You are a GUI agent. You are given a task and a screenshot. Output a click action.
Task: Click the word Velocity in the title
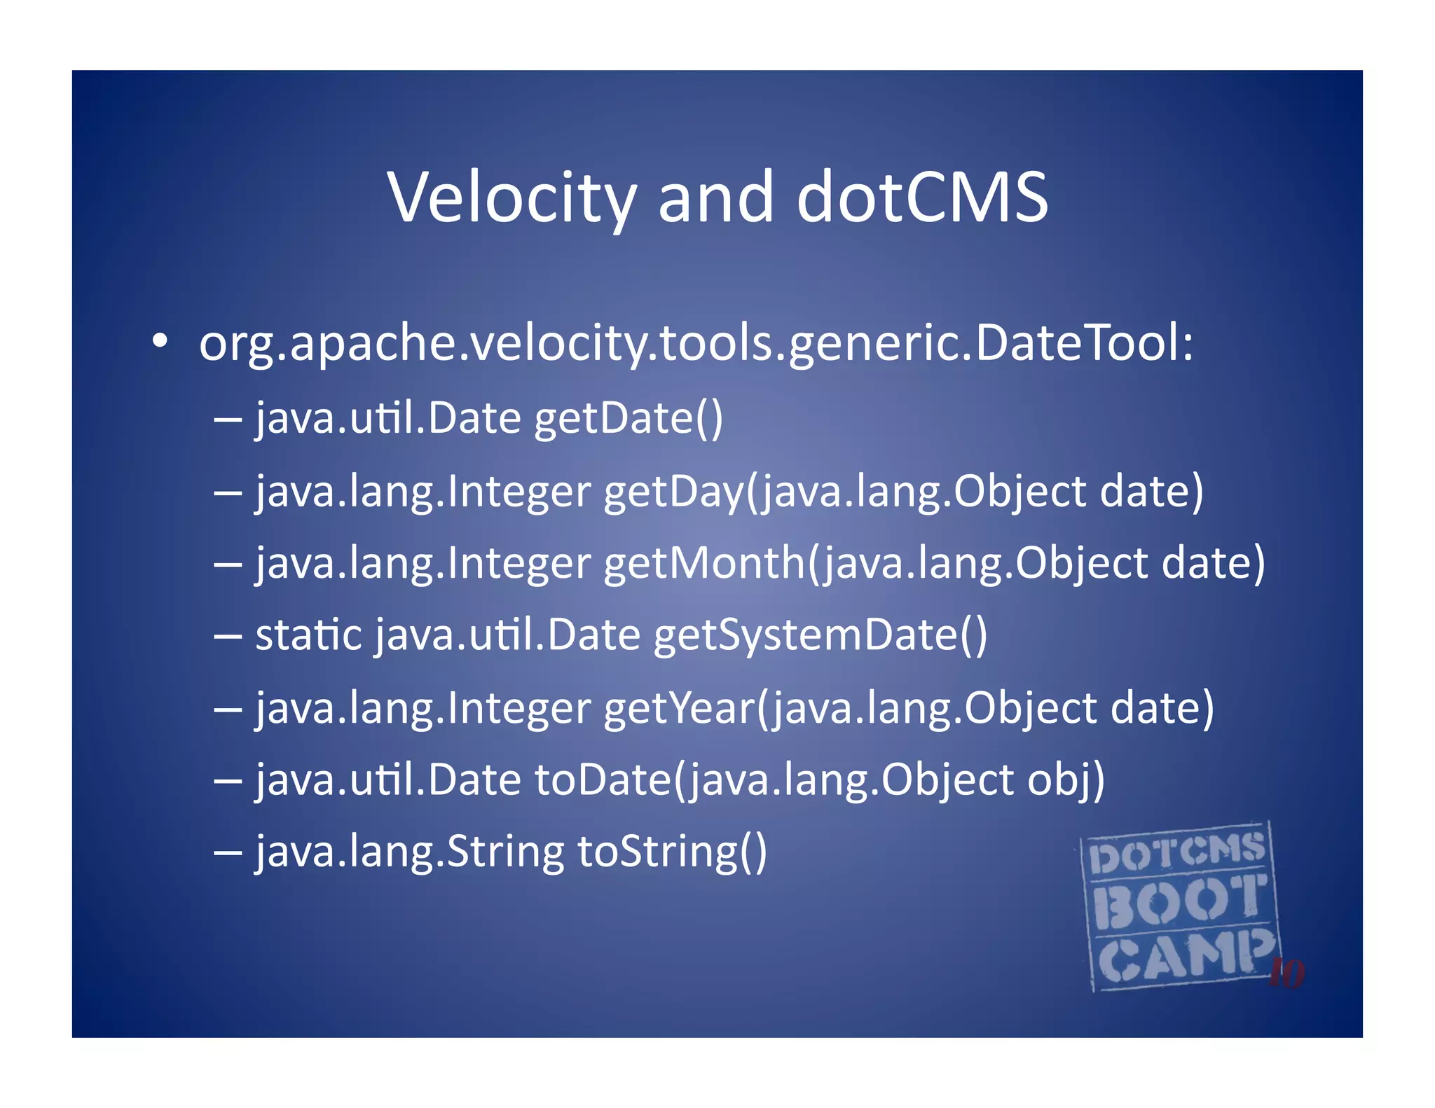(x=512, y=198)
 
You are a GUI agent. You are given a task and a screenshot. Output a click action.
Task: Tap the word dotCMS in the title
(x=922, y=198)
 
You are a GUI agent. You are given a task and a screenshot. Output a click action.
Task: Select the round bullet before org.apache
(x=160, y=342)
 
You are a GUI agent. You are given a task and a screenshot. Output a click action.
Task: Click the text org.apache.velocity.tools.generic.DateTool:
(x=696, y=345)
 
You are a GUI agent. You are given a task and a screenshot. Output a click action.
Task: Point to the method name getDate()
(x=629, y=419)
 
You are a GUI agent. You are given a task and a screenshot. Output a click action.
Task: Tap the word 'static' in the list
(x=309, y=635)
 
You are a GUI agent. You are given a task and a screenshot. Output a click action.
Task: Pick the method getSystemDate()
(x=821, y=636)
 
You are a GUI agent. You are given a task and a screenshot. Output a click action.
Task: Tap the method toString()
(x=672, y=853)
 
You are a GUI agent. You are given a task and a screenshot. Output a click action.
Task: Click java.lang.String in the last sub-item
(x=410, y=853)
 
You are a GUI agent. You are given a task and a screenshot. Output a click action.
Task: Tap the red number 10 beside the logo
(x=1286, y=973)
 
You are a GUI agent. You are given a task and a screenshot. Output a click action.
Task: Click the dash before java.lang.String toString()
(x=228, y=853)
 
